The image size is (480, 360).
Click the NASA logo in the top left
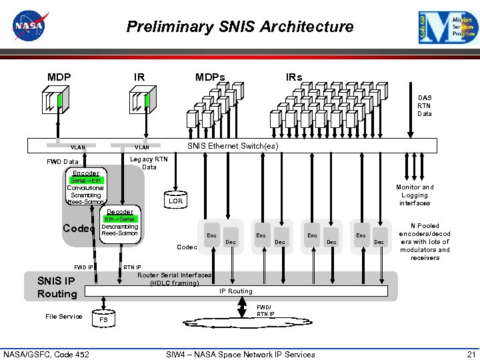pyautogui.click(x=29, y=25)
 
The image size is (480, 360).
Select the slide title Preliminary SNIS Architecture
pyautogui.click(x=240, y=27)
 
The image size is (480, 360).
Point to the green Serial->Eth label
pyautogui.click(x=86, y=180)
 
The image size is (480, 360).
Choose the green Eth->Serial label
pyautogui.click(x=119, y=219)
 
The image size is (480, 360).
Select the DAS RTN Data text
pyautogui.click(x=424, y=105)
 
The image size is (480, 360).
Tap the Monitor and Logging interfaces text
pyautogui.click(x=414, y=195)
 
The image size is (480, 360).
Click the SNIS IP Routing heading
pyautogui.click(x=57, y=287)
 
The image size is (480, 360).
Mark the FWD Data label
pyautogui.click(x=62, y=162)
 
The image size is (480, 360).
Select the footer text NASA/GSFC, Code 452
pyautogui.click(x=46, y=354)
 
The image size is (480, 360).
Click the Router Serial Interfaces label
pyautogui.click(x=174, y=279)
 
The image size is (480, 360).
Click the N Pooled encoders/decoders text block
pyautogui.click(x=425, y=242)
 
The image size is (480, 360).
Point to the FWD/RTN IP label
pyautogui.click(x=265, y=310)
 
